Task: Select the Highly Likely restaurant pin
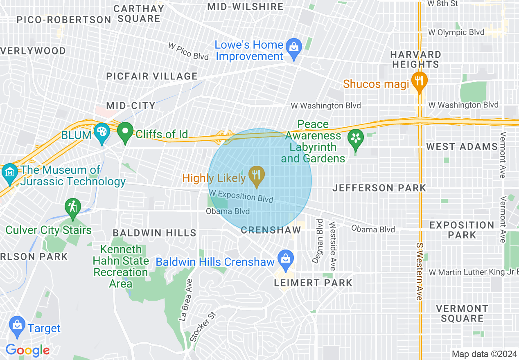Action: pos(257,175)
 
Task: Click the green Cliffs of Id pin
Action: pos(125,132)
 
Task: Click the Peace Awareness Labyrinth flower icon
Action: pos(355,138)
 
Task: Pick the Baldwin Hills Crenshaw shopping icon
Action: pos(285,259)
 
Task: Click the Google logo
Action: pos(27,350)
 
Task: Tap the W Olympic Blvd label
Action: pos(456,32)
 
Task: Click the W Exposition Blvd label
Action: pos(241,196)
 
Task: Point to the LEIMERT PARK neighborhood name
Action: pos(313,283)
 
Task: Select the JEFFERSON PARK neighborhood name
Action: pos(379,188)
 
